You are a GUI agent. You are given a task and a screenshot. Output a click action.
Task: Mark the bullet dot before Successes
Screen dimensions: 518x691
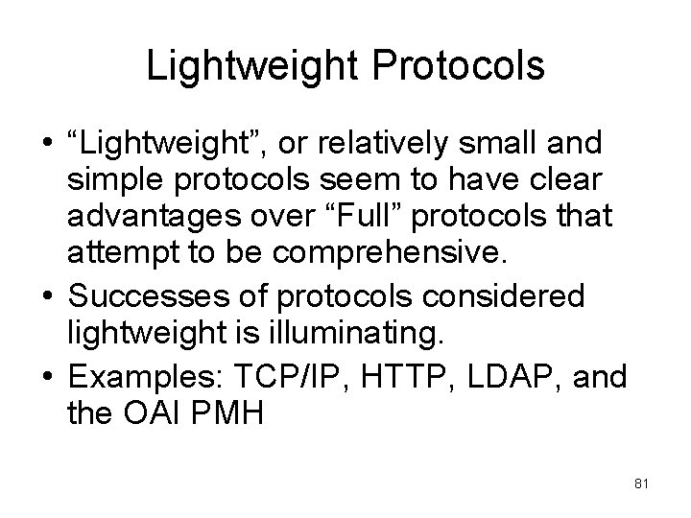tap(44, 297)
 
